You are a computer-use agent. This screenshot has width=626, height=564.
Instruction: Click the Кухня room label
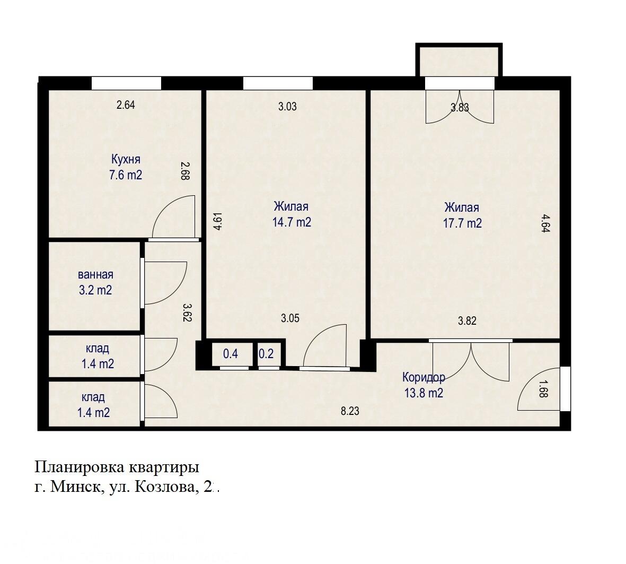(x=126, y=159)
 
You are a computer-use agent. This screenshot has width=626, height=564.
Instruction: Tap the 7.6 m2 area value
(x=126, y=175)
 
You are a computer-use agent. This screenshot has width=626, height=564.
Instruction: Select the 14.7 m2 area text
(x=292, y=222)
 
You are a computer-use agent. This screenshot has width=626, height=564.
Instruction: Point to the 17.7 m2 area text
(x=462, y=223)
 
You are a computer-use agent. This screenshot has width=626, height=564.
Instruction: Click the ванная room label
(x=95, y=275)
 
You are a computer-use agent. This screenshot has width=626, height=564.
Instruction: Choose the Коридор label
(x=424, y=377)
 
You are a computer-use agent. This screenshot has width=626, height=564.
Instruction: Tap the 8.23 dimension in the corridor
(x=350, y=410)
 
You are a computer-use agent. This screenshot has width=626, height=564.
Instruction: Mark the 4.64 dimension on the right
(x=545, y=223)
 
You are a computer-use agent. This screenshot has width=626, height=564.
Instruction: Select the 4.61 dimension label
(x=217, y=221)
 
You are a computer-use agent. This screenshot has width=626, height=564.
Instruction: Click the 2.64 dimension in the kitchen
(x=126, y=105)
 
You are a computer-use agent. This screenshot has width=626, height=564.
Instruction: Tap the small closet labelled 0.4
(x=231, y=354)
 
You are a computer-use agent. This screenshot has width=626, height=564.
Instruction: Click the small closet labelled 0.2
(x=266, y=354)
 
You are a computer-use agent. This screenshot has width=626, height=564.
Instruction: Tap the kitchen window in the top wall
(x=126, y=83)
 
